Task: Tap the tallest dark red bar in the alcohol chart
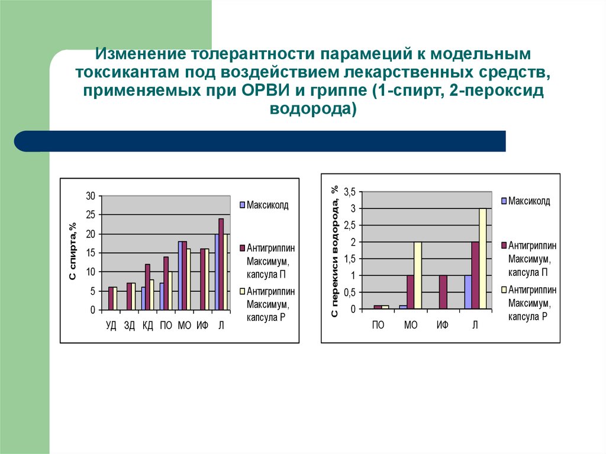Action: (221, 264)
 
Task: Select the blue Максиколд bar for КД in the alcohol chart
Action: (143, 298)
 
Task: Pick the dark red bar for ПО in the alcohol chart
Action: (166, 283)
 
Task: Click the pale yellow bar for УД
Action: (115, 298)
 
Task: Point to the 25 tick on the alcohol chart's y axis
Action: (91, 215)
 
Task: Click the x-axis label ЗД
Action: (130, 326)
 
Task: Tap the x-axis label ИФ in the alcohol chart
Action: (202, 326)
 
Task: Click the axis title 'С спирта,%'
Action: (73, 252)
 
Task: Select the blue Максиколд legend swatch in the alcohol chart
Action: (242, 205)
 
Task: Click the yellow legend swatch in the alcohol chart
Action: (242, 291)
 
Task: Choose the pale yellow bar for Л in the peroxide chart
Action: (482, 258)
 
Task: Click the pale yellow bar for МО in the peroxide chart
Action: (418, 275)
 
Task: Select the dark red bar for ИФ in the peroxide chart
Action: (443, 292)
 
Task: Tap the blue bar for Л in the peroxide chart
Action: (468, 292)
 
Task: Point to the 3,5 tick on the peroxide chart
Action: (349, 192)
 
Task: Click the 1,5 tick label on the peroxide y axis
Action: (349, 259)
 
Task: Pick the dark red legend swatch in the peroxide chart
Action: (504, 245)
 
